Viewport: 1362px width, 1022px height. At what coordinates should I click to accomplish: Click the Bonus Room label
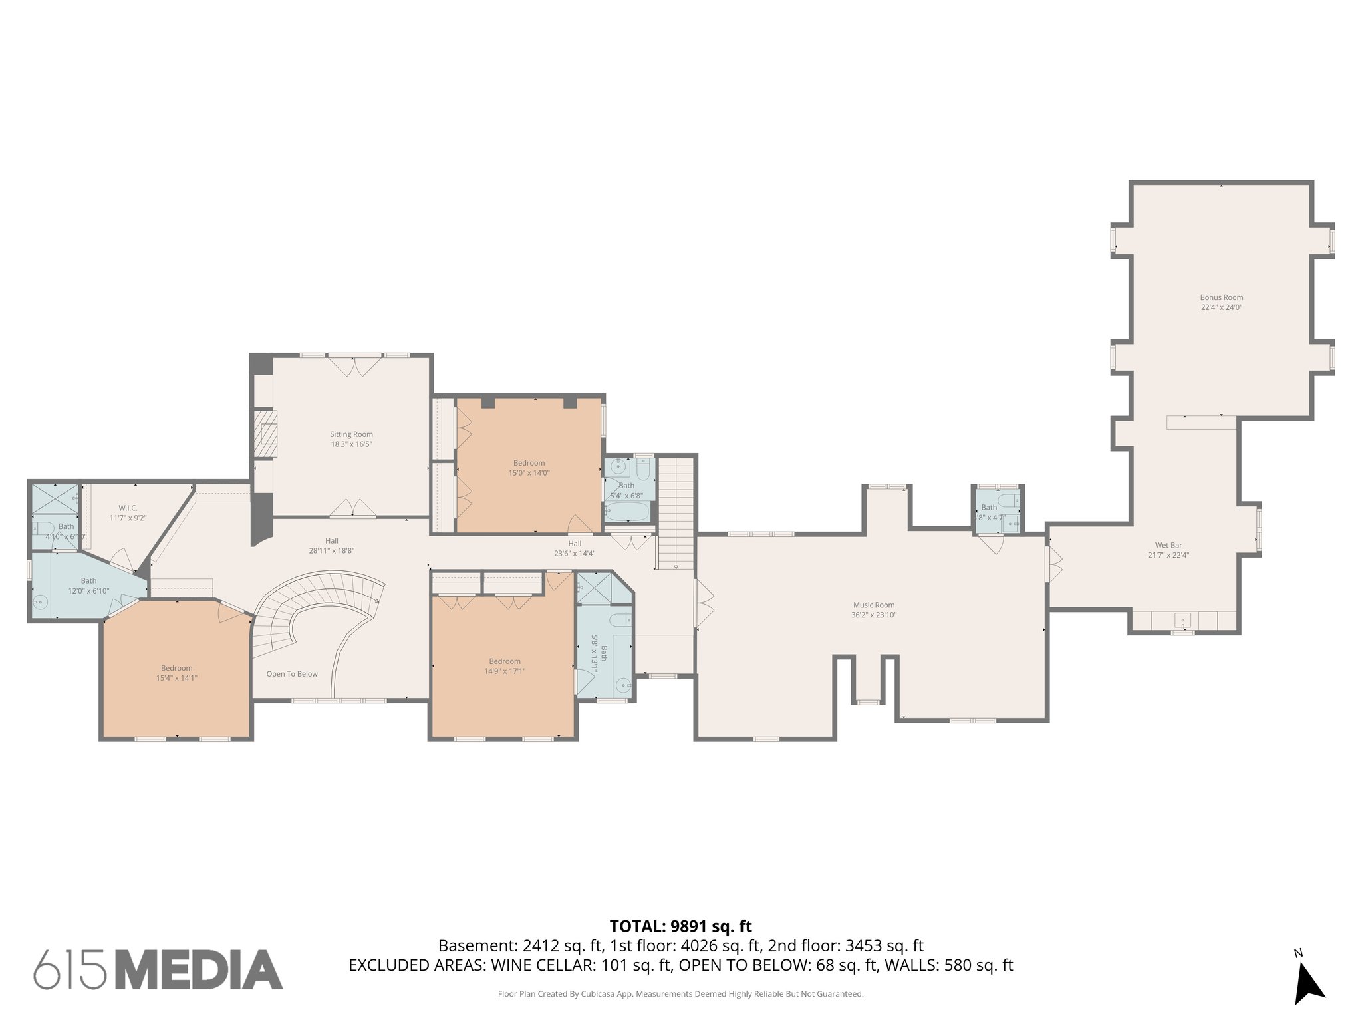[1221, 297]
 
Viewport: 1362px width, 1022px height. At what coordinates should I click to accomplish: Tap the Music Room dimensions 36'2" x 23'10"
[874, 615]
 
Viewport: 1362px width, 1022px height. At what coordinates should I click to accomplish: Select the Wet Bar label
[1168, 545]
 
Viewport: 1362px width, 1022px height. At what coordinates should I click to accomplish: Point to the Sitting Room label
[351, 434]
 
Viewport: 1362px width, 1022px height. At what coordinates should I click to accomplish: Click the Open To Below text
[292, 674]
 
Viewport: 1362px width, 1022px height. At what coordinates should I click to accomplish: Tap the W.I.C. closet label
[128, 508]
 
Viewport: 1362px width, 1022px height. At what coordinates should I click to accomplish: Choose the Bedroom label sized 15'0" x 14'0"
[529, 463]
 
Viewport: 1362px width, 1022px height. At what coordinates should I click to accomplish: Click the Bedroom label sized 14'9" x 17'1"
[505, 661]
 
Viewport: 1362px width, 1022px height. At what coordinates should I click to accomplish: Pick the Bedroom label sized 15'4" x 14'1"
[176, 668]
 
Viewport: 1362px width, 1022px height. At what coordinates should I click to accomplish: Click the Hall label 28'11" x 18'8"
[331, 541]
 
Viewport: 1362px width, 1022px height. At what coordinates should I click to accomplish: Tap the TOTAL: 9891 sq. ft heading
[680, 926]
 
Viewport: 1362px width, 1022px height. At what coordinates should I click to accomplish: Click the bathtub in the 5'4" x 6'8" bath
[626, 512]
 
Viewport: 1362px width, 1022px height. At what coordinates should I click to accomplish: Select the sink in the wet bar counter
[1183, 621]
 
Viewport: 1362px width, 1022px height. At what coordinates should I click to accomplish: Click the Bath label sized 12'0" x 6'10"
[88, 581]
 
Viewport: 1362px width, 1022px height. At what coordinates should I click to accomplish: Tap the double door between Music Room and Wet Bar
[1053, 564]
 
